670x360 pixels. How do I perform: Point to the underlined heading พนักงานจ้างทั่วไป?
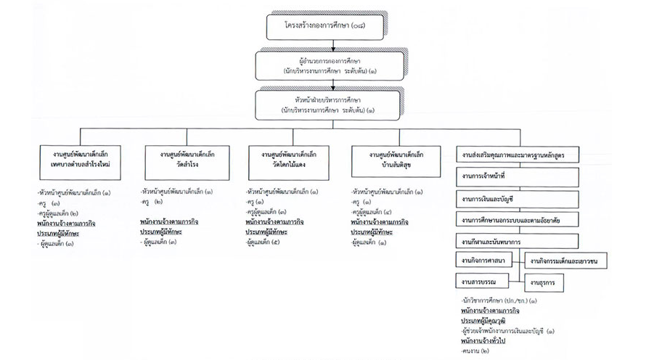coord(488,340)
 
